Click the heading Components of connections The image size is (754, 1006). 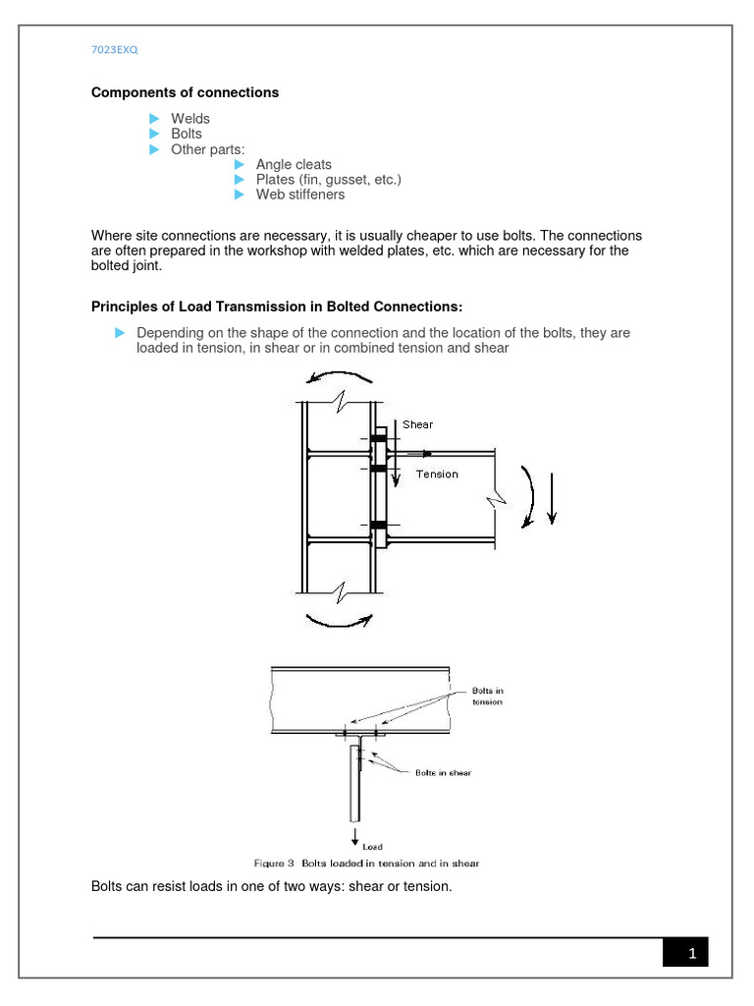pyautogui.click(x=185, y=92)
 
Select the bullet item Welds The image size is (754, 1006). pyautogui.click(x=190, y=119)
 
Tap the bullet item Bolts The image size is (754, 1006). pyautogui.click(x=187, y=134)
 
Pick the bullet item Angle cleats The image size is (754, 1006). pyautogui.click(x=294, y=165)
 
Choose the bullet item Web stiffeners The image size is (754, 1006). pyautogui.click(x=300, y=195)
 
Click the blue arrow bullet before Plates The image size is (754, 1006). pyautogui.click(x=239, y=180)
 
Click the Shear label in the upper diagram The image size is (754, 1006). pyautogui.click(x=417, y=424)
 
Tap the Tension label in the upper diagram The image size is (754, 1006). pyautogui.click(x=437, y=474)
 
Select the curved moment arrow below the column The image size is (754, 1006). pyautogui.click(x=339, y=619)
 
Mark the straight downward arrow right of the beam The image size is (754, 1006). pyautogui.click(x=553, y=498)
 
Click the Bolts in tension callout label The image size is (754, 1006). pyautogui.click(x=487, y=697)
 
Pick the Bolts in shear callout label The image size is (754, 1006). pyautogui.click(x=443, y=773)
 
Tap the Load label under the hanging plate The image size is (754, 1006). pyautogui.click(x=373, y=846)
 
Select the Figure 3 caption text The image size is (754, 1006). pyautogui.click(x=366, y=864)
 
